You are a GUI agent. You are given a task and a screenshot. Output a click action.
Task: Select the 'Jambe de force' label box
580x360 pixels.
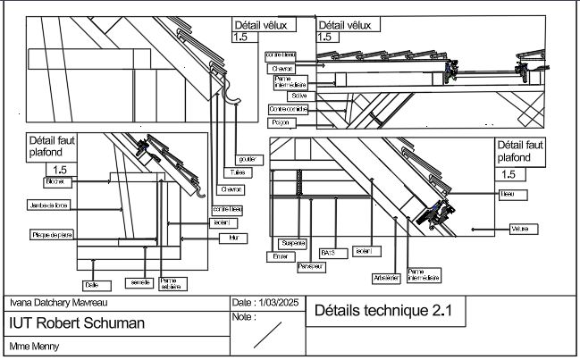[x=48, y=205]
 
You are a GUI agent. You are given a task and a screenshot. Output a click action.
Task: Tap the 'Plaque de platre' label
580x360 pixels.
[x=52, y=235]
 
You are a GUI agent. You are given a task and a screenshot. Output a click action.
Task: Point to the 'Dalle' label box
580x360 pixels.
[x=90, y=285]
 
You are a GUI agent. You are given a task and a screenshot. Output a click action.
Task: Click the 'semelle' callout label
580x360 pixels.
[x=140, y=282]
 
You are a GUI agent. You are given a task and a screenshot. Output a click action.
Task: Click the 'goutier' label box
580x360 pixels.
[x=247, y=159]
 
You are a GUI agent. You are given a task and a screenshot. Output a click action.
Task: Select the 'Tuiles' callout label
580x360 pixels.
[x=237, y=174]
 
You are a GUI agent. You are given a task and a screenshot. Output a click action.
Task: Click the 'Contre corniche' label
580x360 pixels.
[x=289, y=109]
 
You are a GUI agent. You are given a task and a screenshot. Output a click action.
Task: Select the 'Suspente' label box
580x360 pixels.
[x=293, y=243]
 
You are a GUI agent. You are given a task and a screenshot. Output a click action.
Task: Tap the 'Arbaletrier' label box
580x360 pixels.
[x=386, y=279]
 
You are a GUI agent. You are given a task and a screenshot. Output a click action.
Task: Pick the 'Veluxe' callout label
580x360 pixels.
[x=519, y=230]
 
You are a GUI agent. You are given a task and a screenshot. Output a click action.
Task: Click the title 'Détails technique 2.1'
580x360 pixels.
[x=383, y=313]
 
